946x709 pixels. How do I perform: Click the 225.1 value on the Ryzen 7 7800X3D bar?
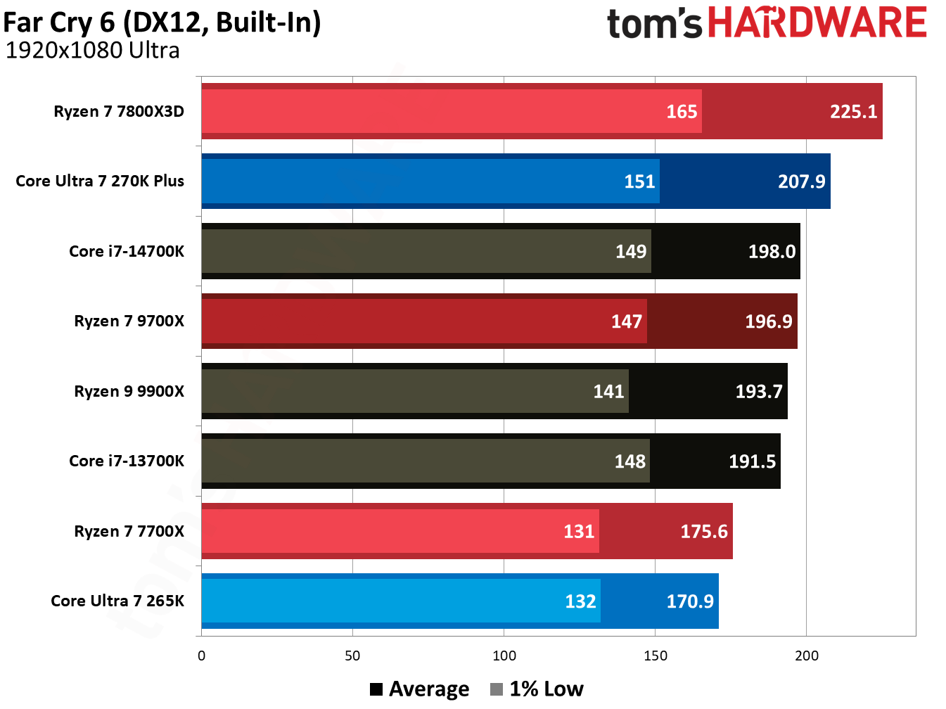click(x=853, y=112)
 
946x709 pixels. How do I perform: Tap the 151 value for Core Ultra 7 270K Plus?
click(x=639, y=181)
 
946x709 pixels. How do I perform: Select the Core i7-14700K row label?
click(x=127, y=251)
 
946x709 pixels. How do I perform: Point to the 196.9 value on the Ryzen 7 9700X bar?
click(x=768, y=321)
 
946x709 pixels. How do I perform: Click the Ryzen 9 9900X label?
click(x=129, y=391)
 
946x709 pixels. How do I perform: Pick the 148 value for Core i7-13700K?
click(x=629, y=461)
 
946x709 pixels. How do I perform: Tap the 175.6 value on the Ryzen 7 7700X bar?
click(x=703, y=531)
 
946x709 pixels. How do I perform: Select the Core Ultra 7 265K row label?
click(x=117, y=601)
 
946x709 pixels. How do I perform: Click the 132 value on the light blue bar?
click(x=580, y=601)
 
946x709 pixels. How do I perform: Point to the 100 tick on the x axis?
click(x=504, y=656)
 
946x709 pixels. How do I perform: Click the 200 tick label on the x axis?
click(x=806, y=656)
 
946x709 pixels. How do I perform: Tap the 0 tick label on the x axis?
click(x=202, y=656)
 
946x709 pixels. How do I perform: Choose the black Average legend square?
click(x=376, y=689)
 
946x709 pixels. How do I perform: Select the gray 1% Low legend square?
click(x=497, y=689)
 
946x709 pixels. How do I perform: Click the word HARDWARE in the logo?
click(x=817, y=23)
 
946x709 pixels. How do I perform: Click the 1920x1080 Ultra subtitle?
click(x=92, y=51)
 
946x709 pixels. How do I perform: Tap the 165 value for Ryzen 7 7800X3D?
click(x=682, y=112)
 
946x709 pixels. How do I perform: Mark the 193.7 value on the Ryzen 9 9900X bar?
click(x=758, y=391)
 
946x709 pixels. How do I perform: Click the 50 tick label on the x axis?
click(x=352, y=656)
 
